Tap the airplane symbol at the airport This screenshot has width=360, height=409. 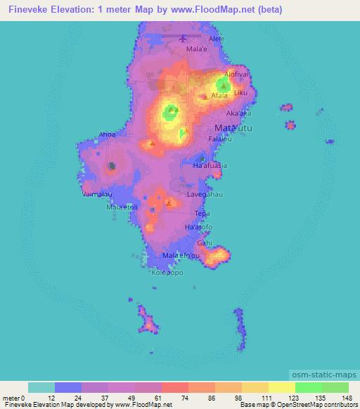pos(184,38)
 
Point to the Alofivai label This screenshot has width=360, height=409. pos(238,73)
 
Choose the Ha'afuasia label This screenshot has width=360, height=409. pos(210,166)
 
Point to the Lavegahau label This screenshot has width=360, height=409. pos(205,193)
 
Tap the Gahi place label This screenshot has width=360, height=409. pos(205,242)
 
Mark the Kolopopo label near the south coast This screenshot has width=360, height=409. pos(167,273)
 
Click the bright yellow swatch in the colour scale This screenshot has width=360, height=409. pos(282,387)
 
